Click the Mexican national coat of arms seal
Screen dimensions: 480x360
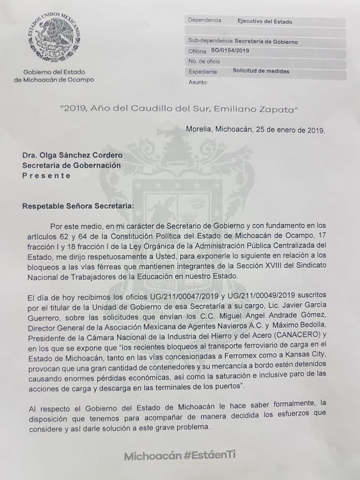click(x=55, y=37)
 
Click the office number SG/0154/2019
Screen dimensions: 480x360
click(x=230, y=51)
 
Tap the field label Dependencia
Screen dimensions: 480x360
click(x=204, y=21)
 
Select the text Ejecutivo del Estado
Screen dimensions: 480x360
click(x=264, y=22)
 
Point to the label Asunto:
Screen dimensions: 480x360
click(x=198, y=82)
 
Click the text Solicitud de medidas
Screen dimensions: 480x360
click(x=261, y=71)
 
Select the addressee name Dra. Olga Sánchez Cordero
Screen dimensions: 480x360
click(x=72, y=155)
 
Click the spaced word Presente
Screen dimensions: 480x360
click(x=46, y=175)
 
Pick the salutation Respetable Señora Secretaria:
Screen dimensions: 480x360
click(x=77, y=206)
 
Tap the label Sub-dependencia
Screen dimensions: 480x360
click(x=210, y=41)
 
